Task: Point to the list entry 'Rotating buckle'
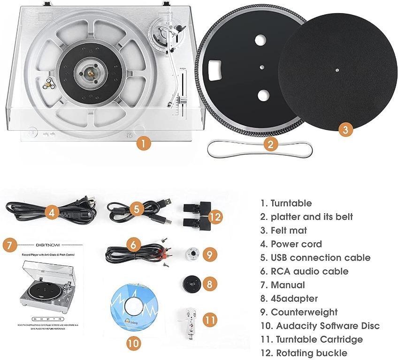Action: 305,353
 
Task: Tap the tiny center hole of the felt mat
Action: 337,69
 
